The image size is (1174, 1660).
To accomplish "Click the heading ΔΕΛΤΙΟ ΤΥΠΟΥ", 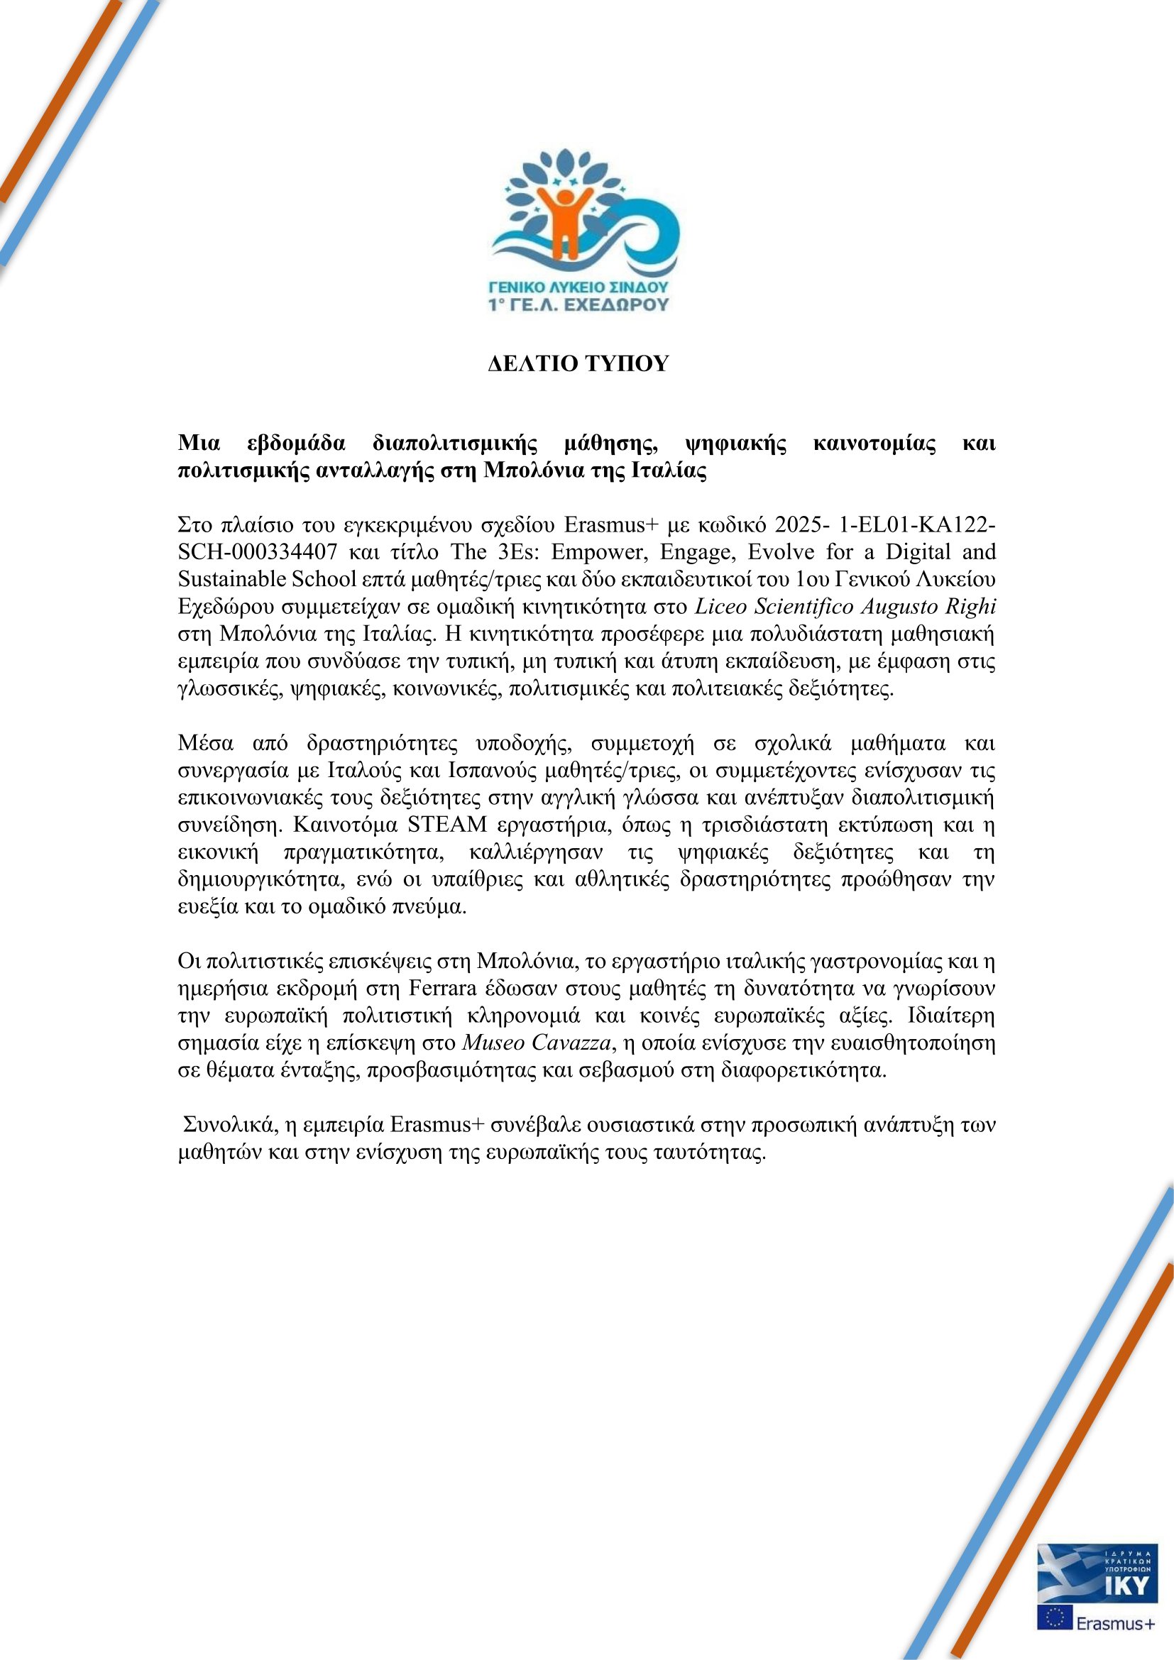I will tap(578, 363).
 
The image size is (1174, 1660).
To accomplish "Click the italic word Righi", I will tap(973, 607).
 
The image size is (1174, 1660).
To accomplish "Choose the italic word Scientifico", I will tap(803, 607).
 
